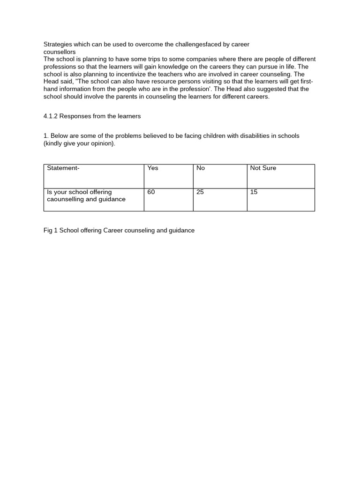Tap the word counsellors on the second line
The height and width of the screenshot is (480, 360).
pos(60,52)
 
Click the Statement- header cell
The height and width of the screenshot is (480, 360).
pos(63,168)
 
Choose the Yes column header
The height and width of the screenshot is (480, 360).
pos(153,168)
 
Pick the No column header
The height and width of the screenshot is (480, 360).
pos(201,168)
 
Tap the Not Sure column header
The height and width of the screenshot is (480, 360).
pos(263,168)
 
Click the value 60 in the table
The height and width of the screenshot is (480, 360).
pos(151,192)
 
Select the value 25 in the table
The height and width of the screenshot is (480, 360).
pos(200,192)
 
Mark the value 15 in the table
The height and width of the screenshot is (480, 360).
pos(254,192)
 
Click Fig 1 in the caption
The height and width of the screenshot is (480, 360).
pos(51,231)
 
